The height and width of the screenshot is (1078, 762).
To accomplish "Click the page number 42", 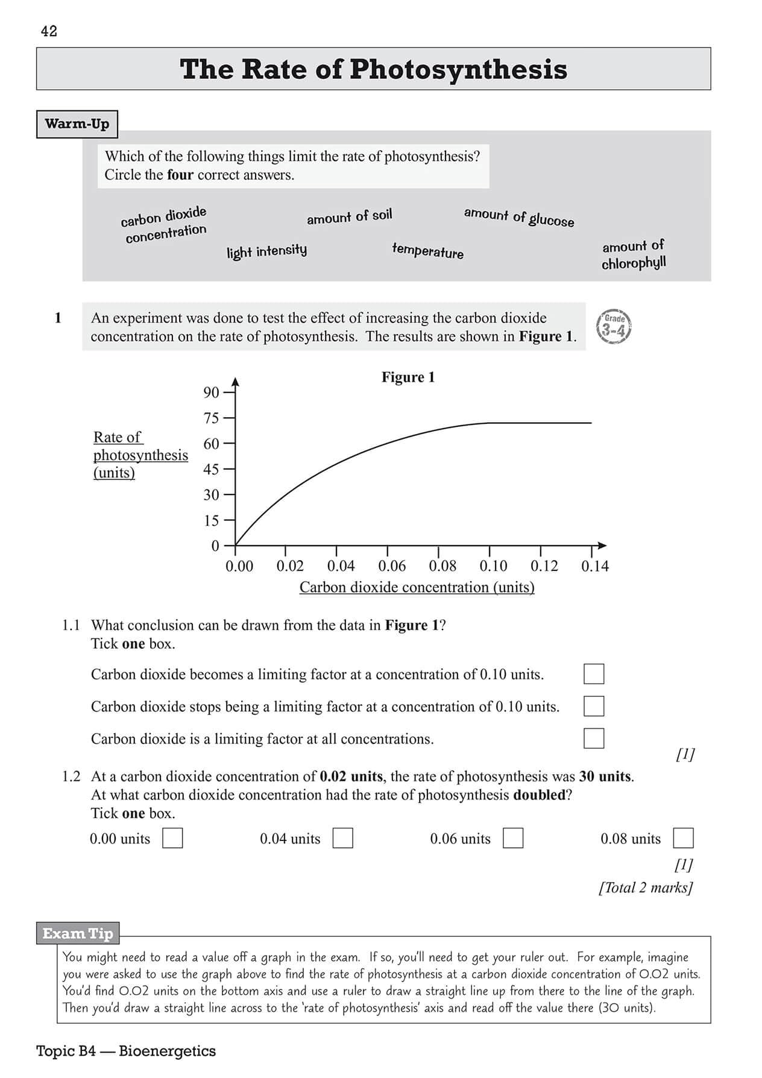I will (x=49, y=31).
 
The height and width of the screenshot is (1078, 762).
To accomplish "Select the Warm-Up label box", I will (x=77, y=124).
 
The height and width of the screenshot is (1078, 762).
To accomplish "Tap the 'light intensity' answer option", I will (x=266, y=251).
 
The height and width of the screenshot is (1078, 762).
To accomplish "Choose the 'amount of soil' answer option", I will (x=349, y=216).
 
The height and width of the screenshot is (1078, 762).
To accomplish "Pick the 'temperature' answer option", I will (x=428, y=251).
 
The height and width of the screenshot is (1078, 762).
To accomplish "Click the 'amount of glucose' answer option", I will (x=519, y=217).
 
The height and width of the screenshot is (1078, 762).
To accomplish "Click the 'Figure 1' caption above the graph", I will (x=408, y=377).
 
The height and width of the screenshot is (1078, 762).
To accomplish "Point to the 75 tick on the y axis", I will (x=228, y=418).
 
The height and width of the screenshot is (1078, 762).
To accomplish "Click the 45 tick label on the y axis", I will (x=211, y=469).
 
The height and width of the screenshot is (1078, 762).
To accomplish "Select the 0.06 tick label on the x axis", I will (x=392, y=566).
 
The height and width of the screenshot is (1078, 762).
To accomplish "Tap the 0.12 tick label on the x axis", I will (x=544, y=566).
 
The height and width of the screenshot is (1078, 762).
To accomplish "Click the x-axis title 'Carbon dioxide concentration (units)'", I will (x=417, y=587).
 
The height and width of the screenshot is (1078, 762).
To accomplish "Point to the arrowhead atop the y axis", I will (x=236, y=382).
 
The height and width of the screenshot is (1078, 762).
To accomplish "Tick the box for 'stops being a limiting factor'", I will (x=594, y=706).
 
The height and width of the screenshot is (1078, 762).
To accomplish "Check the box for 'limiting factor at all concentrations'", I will (x=594, y=738).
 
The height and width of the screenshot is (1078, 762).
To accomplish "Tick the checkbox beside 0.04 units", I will (x=343, y=838).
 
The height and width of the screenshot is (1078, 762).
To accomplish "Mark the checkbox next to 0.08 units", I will (x=683, y=838).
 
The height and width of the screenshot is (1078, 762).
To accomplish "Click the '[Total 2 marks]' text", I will (x=646, y=887).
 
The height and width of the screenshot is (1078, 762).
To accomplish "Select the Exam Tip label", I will (x=78, y=934).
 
